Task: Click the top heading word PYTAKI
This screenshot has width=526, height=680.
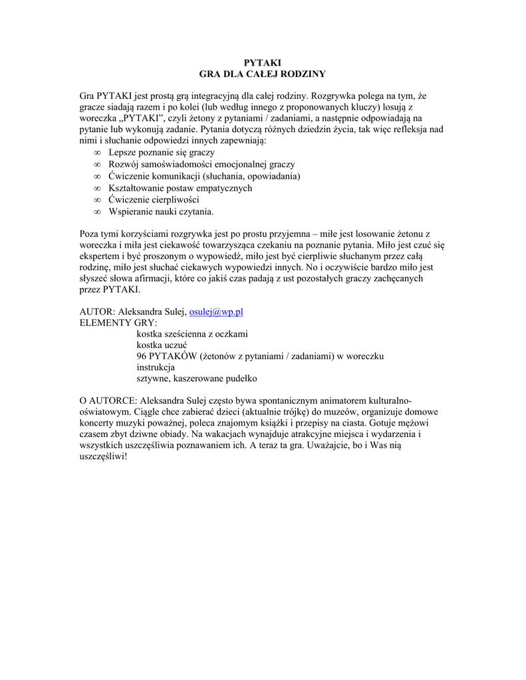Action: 263,62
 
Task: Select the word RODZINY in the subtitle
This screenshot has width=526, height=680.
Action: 301,74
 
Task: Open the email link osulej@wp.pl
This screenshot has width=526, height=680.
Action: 217,311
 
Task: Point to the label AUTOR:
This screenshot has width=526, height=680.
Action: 97,311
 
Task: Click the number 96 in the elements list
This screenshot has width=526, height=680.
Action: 142,357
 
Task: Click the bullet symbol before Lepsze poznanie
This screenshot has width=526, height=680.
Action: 96,153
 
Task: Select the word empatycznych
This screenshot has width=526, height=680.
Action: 219,188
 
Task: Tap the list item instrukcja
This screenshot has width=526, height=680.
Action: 156,367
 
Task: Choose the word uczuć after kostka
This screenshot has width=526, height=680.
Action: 176,345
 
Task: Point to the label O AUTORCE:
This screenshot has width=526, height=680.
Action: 108,401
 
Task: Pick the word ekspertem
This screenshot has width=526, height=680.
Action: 100,256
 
